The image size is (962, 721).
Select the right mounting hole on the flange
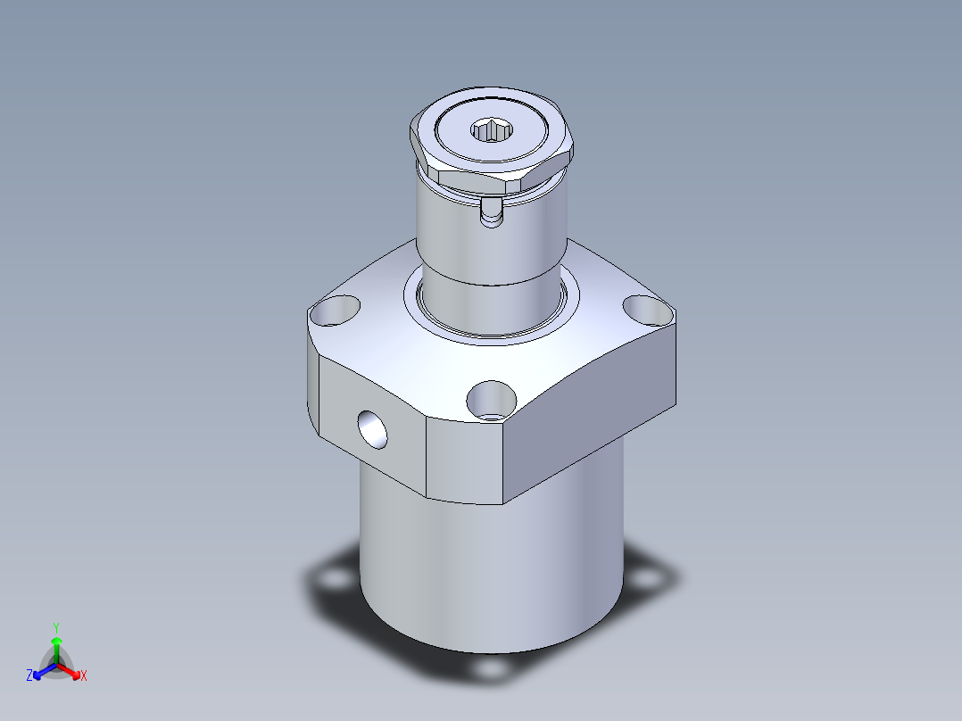coord(648,309)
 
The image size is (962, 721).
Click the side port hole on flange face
coord(372,430)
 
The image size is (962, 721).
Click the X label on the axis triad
coord(84,676)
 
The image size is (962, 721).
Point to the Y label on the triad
coord(56,627)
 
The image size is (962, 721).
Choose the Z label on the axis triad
coord(29,676)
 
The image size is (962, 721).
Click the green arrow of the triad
coord(56,644)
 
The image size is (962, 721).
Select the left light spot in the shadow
coord(336,580)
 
